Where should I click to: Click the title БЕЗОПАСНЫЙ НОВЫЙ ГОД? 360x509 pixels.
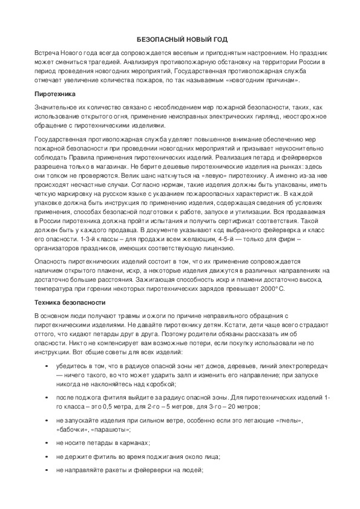pyautogui.click(x=180, y=39)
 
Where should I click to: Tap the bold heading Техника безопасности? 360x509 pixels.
pyautogui.click(x=70, y=302)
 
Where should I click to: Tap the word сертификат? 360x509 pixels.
pyautogui.click(x=223, y=221)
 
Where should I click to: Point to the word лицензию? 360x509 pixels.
pyautogui.click(x=235, y=248)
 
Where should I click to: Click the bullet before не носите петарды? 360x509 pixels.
pyautogui.click(x=47, y=443)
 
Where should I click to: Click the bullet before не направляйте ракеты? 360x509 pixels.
pyautogui.click(x=47, y=470)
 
